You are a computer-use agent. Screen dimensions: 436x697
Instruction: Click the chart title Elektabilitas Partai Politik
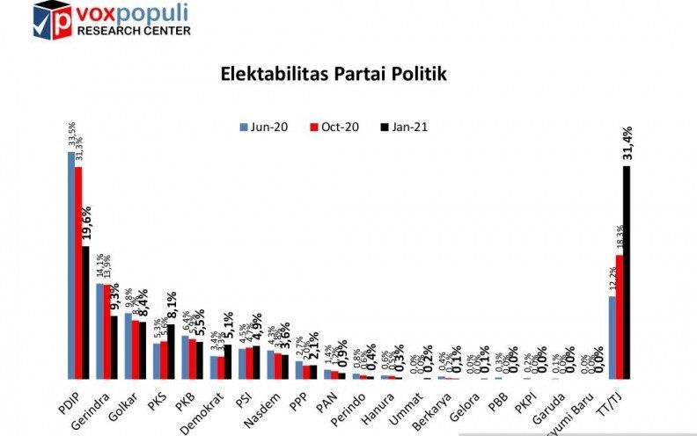pos(334,74)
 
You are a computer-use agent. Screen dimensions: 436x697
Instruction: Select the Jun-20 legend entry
pos(265,126)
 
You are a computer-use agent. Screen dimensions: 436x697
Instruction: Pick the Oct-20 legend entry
pos(334,126)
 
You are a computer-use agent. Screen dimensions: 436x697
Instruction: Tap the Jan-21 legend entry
pos(402,126)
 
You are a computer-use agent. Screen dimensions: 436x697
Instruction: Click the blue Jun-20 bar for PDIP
pos(70,265)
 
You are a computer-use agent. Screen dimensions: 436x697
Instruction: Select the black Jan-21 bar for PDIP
pos(85,312)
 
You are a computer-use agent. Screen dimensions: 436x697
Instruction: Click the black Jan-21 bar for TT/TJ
pos(627,272)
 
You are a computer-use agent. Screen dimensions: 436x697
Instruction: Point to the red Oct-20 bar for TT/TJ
pos(619,316)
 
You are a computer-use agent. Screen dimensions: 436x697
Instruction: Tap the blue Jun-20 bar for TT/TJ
pos(612,338)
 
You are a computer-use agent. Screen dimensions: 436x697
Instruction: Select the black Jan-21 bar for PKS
pos(171,352)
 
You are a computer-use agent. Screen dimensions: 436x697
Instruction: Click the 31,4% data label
pos(627,145)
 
